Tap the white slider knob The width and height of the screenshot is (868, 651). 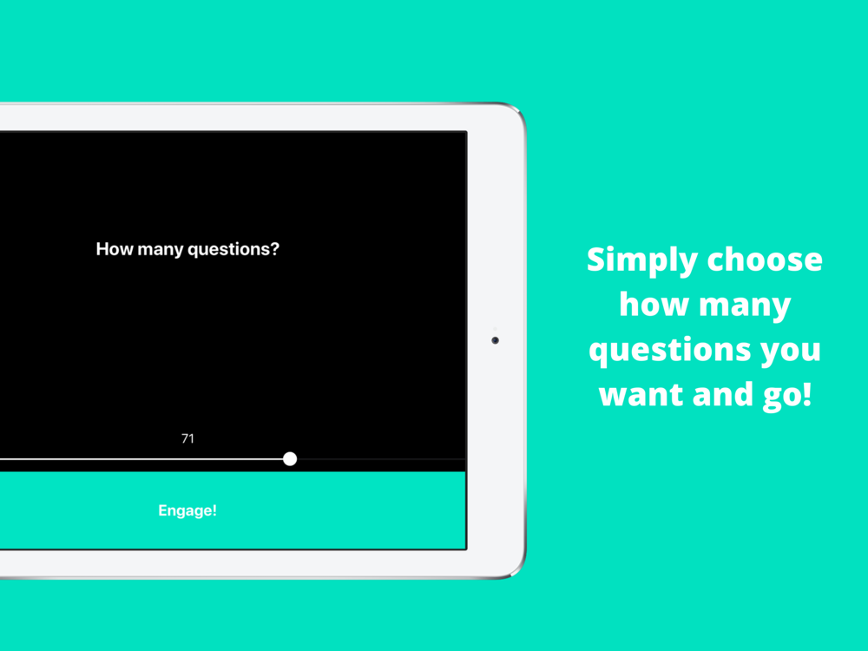pyautogui.click(x=290, y=459)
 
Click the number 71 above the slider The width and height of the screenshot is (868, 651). pyautogui.click(x=187, y=439)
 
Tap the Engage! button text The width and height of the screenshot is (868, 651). pyautogui.click(x=187, y=510)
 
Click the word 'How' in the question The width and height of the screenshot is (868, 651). pyautogui.click(x=115, y=249)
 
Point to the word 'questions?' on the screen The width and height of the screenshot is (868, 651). pyautogui.click(x=233, y=250)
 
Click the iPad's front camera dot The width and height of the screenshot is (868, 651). pyautogui.click(x=495, y=340)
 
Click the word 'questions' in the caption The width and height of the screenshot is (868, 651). pyautogui.click(x=669, y=351)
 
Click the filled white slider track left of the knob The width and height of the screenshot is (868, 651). pyautogui.click(x=141, y=459)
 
